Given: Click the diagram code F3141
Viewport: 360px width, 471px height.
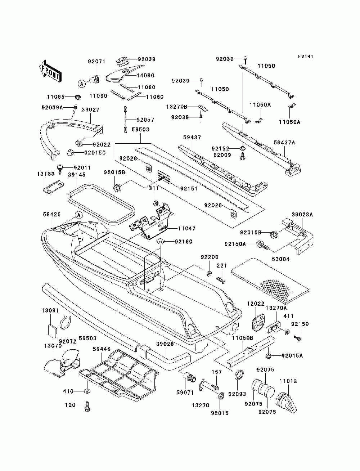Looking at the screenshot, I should pos(306,57).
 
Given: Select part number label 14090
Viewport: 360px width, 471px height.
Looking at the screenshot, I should pos(145,76).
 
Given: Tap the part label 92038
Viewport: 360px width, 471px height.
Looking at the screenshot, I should pos(147,59).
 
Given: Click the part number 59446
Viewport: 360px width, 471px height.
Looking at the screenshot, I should pos(102,349).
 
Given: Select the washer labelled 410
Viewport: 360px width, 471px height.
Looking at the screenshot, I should pos(87,391).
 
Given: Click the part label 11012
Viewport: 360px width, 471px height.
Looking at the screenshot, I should pos(288,381).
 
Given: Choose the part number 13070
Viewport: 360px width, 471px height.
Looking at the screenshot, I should pos(53,346).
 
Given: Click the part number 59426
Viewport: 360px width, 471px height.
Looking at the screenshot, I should pos(52,214).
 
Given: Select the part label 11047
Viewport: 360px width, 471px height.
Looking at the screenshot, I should pos(187,228).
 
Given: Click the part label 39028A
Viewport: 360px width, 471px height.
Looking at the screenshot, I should pos(302,215).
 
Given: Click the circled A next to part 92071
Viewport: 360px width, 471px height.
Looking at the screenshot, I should pos(82,84).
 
